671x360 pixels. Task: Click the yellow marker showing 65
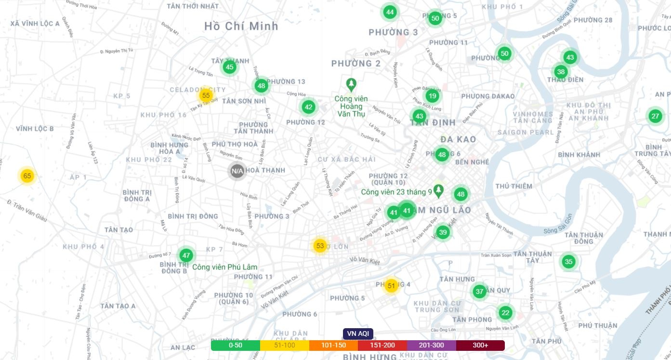click(x=27, y=176)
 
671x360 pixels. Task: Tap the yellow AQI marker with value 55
click(x=206, y=95)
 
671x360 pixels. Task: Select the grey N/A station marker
click(x=237, y=171)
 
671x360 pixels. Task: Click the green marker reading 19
click(x=433, y=96)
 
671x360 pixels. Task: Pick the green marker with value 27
click(x=655, y=116)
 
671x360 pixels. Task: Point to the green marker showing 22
click(x=505, y=312)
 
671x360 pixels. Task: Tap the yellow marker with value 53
click(x=320, y=246)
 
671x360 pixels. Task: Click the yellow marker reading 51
click(x=391, y=286)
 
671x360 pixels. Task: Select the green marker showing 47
click(x=186, y=255)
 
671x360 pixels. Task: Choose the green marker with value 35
click(x=569, y=262)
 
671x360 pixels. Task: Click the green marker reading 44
click(x=390, y=12)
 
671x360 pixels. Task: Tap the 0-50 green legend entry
click(x=236, y=346)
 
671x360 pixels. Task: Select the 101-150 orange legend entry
click(x=333, y=346)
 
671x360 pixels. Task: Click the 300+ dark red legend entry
click(x=480, y=346)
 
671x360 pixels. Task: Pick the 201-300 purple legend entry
click(x=431, y=346)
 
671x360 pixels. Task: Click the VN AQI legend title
click(x=358, y=333)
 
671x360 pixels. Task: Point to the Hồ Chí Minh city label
click(x=241, y=26)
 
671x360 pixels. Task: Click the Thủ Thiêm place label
click(x=514, y=186)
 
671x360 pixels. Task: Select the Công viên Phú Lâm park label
click(x=224, y=267)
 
